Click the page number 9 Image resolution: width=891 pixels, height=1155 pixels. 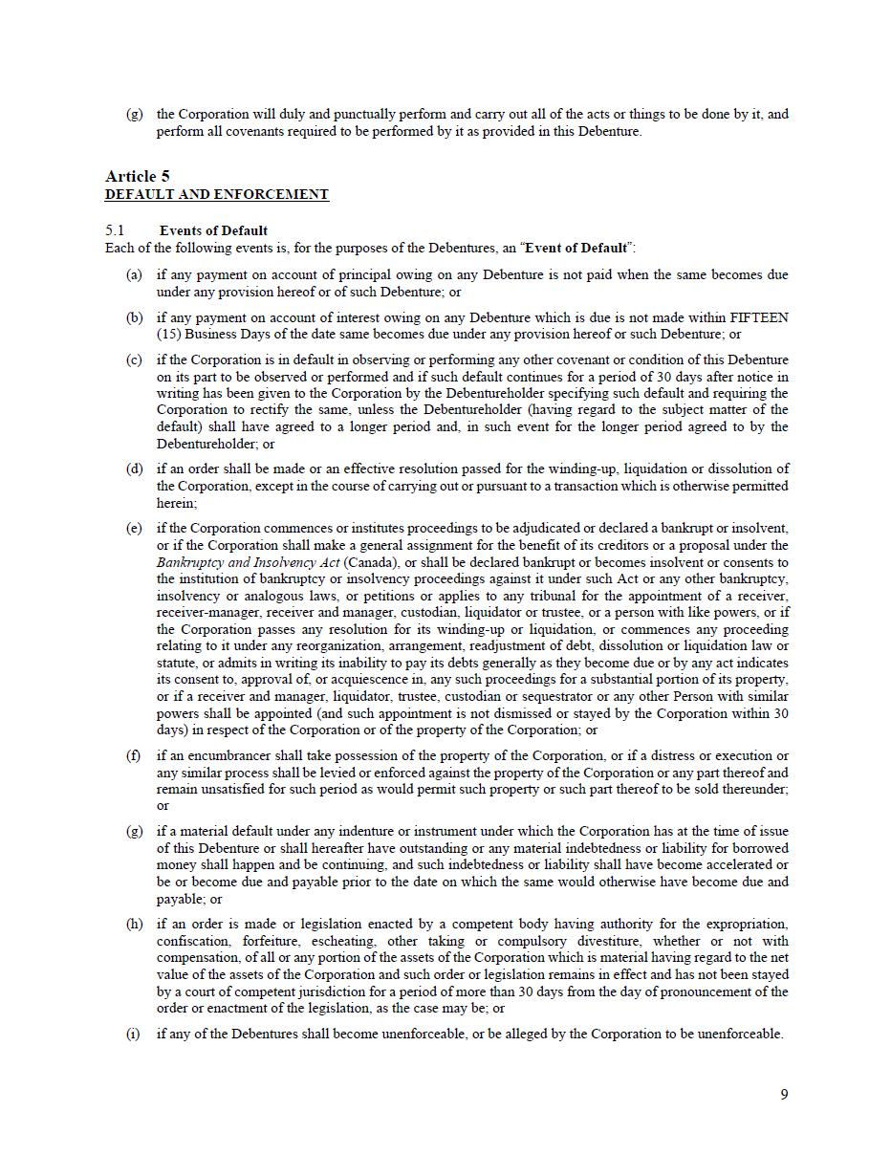tap(784, 1095)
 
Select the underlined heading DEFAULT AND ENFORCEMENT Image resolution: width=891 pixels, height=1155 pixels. tap(216, 194)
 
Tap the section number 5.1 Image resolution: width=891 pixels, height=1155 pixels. tap(115, 230)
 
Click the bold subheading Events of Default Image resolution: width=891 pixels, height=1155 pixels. tap(213, 230)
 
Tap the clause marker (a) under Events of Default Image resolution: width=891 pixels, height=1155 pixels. tap(134, 274)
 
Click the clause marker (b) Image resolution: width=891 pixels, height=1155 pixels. tap(134, 317)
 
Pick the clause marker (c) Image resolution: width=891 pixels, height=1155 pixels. tap(134, 360)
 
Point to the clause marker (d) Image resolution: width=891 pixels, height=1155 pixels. tap(134, 469)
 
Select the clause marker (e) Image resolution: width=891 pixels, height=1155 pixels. tap(134, 528)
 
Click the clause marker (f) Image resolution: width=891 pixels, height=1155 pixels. tap(134, 755)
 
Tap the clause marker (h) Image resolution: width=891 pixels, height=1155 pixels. tap(134, 924)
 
